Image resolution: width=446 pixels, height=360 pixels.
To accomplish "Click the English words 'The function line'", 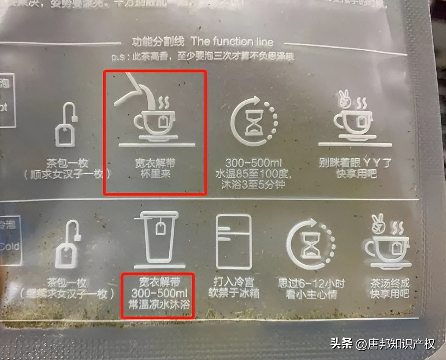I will pyautogui.click(x=232, y=42).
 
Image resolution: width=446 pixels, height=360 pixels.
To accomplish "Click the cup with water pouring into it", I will pyautogui.click(x=156, y=121).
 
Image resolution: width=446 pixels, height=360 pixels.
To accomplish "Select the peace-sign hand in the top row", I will pyautogui.click(x=344, y=98).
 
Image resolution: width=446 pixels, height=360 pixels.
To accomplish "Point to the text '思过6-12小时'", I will pyautogui.click(x=311, y=283).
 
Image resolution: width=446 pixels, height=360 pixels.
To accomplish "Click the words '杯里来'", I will pyautogui.click(x=156, y=174).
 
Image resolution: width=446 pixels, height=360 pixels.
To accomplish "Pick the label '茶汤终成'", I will pyautogui.click(x=390, y=282).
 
